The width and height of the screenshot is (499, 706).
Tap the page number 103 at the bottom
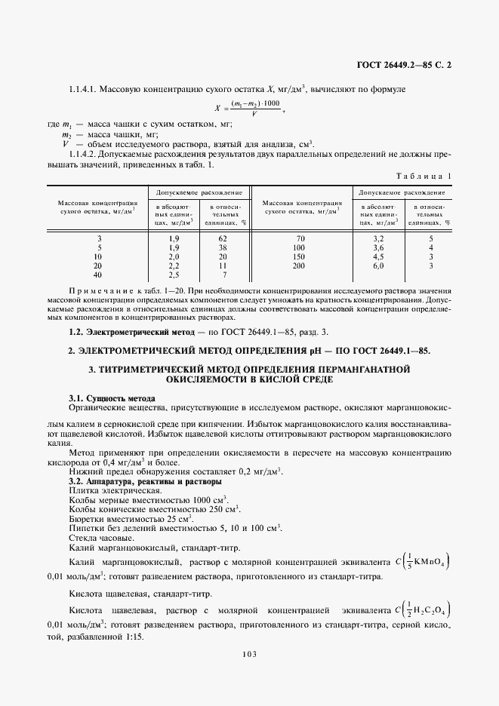(x=249, y=654)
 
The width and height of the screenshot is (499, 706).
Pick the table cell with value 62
(x=223, y=238)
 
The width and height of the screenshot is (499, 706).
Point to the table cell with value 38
(x=223, y=247)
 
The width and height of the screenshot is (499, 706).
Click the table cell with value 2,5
(x=174, y=275)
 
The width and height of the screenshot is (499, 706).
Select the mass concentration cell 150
(x=298, y=256)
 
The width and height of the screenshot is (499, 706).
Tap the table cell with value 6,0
(x=378, y=266)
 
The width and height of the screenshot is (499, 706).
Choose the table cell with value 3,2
(x=378, y=238)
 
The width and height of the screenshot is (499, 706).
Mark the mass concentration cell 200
(x=298, y=266)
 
